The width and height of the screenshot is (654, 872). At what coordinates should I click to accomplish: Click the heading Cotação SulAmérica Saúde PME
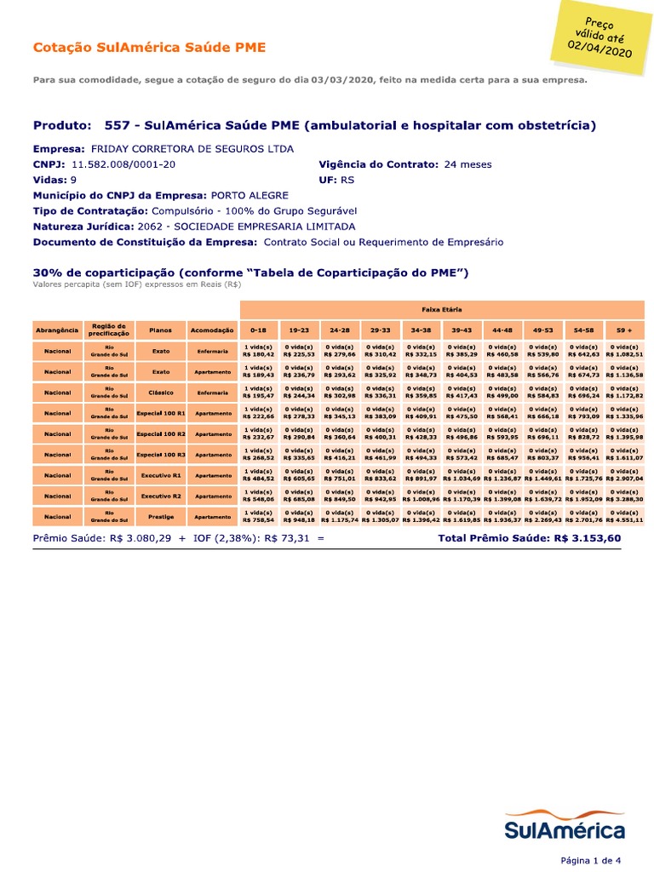pos(149,48)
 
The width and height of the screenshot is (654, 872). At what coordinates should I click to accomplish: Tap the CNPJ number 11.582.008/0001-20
pos(123,164)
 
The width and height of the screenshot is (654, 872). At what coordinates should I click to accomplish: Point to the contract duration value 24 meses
pos(468,164)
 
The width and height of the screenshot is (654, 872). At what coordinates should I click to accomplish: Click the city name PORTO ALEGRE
pos(250,195)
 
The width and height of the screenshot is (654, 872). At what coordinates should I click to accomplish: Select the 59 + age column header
pos(625,330)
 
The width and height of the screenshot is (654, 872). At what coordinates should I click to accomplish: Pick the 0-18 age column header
pos(259,330)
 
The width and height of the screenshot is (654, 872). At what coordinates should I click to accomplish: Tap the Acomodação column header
pos(212,330)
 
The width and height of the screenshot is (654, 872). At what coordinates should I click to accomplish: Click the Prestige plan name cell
pos(161,516)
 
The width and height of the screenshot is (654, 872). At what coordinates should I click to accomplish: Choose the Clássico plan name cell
pos(161,393)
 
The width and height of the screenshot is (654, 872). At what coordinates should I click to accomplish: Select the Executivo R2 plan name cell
pos(161,496)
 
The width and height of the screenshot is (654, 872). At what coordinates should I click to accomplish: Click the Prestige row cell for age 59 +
pos(625,516)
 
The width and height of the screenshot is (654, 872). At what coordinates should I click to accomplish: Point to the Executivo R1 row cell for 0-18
pos(259,475)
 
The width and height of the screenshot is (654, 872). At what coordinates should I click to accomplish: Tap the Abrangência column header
pos(58,330)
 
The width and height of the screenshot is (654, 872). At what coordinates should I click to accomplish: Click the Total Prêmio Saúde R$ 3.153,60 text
pos(529,538)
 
